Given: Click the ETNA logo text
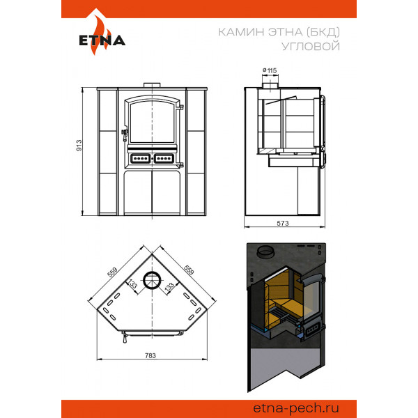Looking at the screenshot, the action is (x=102, y=40).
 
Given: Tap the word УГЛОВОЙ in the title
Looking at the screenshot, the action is (x=311, y=46).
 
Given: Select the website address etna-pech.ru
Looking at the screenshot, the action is (x=296, y=408).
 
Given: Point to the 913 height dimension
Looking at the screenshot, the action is (x=79, y=146).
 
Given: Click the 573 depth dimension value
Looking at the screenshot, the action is (x=283, y=223).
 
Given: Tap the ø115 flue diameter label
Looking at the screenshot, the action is (x=270, y=70).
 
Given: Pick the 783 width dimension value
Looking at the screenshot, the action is (x=150, y=355).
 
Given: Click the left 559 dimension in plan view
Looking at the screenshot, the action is (x=112, y=272).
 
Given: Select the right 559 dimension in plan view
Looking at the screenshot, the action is (x=189, y=270).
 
